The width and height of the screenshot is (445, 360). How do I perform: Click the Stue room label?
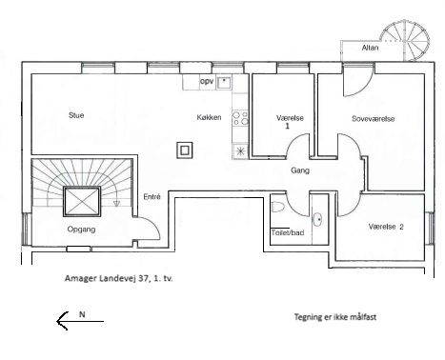click(x=76, y=115)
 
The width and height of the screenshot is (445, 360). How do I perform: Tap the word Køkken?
click(x=209, y=117)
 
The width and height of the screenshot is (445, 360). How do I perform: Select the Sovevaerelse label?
click(x=374, y=119)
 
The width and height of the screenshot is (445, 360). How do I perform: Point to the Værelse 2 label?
click(x=386, y=227)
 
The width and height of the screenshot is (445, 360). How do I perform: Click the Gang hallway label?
click(x=300, y=170)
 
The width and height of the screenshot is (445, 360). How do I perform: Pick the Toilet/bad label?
click(x=288, y=232)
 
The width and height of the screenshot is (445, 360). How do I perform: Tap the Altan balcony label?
click(x=371, y=48)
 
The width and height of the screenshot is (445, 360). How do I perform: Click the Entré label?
click(x=152, y=197)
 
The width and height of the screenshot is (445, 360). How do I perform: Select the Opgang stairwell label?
click(x=81, y=230)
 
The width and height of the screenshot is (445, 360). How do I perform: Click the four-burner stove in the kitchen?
click(x=240, y=118)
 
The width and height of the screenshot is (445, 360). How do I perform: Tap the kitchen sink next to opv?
click(x=224, y=82)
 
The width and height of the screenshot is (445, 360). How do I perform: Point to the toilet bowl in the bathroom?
click(x=278, y=208)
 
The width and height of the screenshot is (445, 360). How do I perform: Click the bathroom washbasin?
click(x=317, y=219)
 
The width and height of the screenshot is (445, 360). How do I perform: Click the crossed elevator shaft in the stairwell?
click(x=82, y=202)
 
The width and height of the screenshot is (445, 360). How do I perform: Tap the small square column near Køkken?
click(x=185, y=150)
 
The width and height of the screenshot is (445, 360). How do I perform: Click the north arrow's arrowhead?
click(x=62, y=321)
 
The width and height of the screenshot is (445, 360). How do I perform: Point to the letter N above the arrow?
click(x=82, y=314)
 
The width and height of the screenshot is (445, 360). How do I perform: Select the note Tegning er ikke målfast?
click(x=335, y=317)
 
